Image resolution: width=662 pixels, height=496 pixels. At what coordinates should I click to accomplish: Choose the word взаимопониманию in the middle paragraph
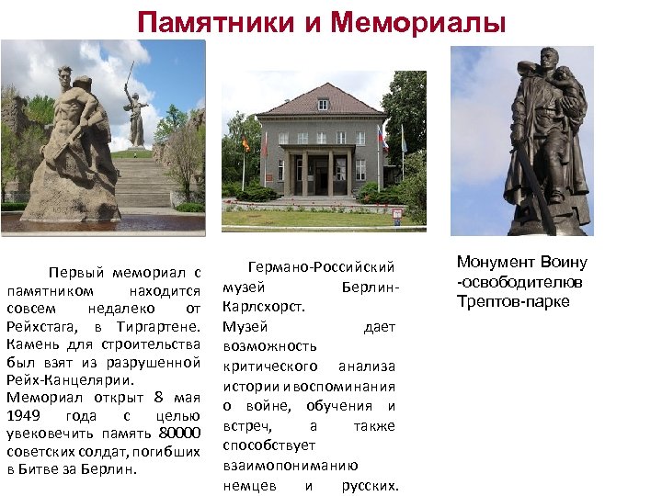[290, 465]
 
